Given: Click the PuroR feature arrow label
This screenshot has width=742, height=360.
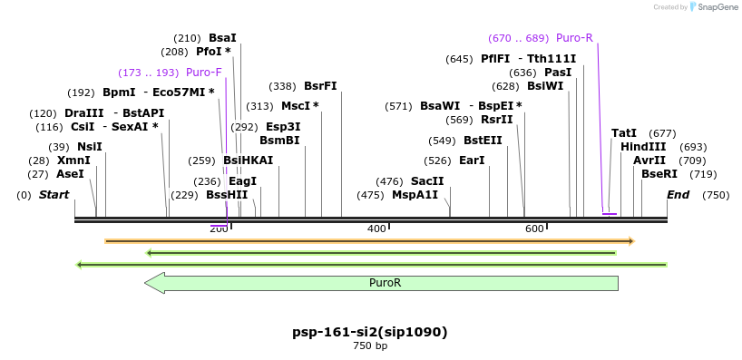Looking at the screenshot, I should coord(385,283).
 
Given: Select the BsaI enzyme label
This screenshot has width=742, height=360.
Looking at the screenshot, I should coord(222,38).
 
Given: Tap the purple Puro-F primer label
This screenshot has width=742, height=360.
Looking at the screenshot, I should coord(204,73).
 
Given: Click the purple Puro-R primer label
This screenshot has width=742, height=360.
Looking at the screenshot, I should coord(574,38).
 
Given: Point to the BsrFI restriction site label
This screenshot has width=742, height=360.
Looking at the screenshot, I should coord(320,86).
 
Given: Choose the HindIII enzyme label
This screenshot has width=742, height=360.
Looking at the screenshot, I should coord(643,147).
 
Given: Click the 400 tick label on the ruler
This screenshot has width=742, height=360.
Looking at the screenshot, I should coord(376,229).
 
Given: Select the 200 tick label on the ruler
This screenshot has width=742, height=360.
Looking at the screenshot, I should coord(219,229).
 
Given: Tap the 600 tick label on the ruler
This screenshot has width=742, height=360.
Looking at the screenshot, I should coord(534,229).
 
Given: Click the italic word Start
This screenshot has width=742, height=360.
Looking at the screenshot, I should coord(54,195).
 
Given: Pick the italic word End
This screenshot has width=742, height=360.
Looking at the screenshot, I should coord(678,195).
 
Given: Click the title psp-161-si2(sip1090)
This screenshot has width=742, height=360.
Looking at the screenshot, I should coord(370,332).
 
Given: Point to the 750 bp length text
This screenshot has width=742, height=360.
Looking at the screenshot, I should coord(370,345).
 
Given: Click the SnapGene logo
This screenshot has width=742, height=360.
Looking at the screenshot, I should coord(714,7).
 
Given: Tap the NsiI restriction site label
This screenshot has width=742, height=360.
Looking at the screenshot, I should coord(89,147).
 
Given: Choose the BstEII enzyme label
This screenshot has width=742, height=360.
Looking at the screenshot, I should coord(483,141).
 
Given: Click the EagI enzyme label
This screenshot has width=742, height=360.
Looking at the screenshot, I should coord(242,181).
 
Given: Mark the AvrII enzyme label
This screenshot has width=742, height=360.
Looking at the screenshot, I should coord(649,161).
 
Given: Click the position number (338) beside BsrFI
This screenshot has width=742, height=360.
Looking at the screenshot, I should coord(283,86).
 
